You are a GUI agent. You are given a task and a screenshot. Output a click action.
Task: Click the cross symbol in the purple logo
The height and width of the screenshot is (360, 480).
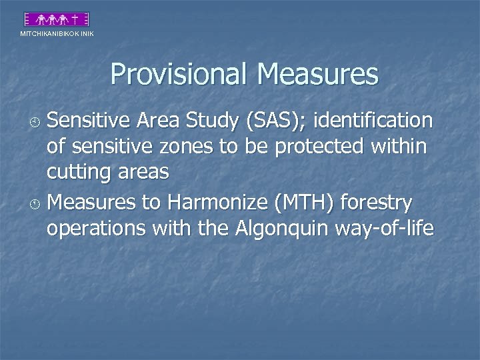tap(77, 19)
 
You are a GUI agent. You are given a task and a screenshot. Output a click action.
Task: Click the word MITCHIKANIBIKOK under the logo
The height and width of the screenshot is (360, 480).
tap(50, 33)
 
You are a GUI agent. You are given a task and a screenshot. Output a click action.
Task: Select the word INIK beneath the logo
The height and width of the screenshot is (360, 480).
tap(87, 33)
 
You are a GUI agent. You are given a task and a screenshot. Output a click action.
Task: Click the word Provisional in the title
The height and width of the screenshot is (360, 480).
tap(179, 75)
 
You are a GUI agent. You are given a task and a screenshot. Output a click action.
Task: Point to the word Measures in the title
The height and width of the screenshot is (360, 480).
tap(316, 75)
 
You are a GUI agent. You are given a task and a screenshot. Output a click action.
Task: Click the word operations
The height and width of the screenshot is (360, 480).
tap(97, 229)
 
